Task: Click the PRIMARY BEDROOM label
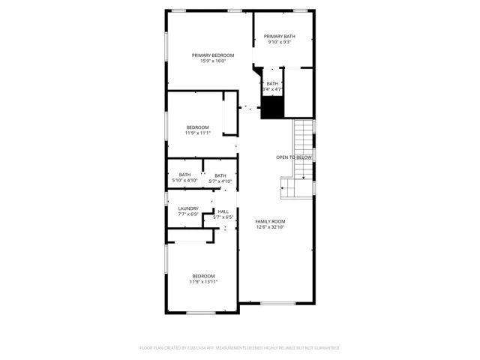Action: click(x=213, y=55)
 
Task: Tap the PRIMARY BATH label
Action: click(x=279, y=36)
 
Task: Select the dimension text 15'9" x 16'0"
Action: click(x=213, y=61)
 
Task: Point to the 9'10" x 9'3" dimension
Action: click(x=279, y=42)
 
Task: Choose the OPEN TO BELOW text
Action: click(x=294, y=157)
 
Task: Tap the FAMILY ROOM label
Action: click(x=270, y=221)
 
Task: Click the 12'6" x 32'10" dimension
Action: click(x=270, y=227)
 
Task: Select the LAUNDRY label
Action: click(x=188, y=208)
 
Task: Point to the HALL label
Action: click(x=223, y=211)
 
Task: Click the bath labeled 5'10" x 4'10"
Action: click(x=184, y=178)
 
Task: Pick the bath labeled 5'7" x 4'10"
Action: click(x=220, y=178)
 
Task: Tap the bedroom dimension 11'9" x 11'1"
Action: click(x=198, y=133)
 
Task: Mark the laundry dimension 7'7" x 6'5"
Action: click(x=188, y=214)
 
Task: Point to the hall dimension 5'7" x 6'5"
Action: click(x=223, y=217)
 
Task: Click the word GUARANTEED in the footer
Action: click(x=325, y=348)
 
